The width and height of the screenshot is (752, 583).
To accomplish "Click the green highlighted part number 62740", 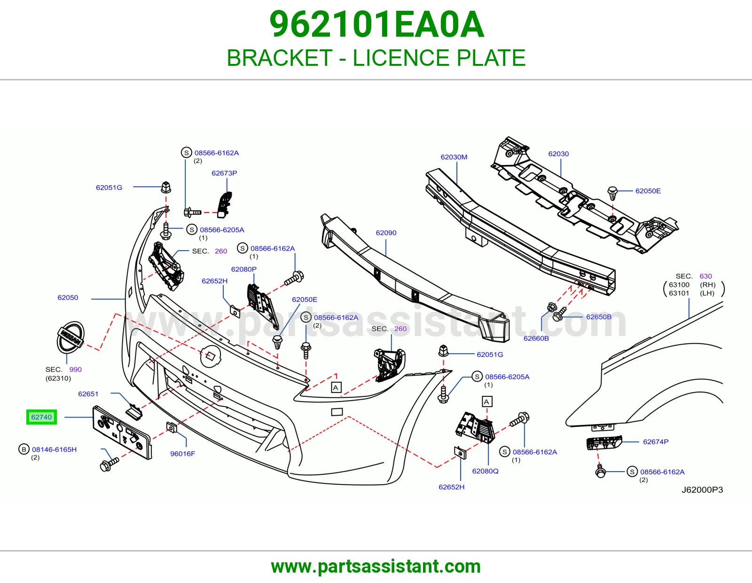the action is pos(41,417).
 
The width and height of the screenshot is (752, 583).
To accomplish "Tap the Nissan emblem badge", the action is pos(70,337).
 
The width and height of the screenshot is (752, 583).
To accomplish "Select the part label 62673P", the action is pos(224,173).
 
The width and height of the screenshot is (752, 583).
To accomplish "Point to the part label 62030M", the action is pos(454,157).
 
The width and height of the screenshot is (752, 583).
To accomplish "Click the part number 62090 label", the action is pos(386,233).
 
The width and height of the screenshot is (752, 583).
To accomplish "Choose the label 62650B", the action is pos(599,317).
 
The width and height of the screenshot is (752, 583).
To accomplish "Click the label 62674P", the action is pos(656,441).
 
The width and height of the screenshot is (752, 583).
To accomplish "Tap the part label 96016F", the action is pos(183,454).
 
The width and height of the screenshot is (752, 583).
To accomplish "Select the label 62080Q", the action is pos(485,471).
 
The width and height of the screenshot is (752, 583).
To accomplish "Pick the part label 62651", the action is pos(88,394).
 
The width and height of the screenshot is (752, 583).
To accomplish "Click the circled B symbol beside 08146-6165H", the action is pos(24,449).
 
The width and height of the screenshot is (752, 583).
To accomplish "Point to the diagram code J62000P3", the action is pos(702,489).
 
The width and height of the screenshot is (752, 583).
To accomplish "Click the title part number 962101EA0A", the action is pos(376,24).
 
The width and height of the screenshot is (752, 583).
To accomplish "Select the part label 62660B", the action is pos(536,338).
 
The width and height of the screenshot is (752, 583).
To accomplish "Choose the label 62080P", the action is pos(243,269).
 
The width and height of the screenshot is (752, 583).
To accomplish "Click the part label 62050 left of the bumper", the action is pos(68,298).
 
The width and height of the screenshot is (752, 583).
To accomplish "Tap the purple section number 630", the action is pos(705,276).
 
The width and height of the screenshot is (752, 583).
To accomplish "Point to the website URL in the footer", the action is pos(376,567).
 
